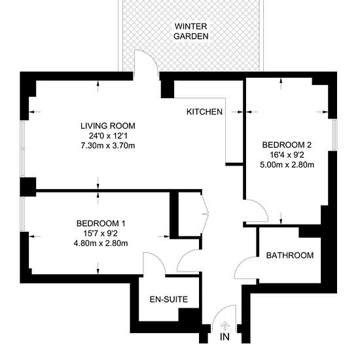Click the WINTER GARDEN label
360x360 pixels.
tap(191, 31)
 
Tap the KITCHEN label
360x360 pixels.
tap(204, 112)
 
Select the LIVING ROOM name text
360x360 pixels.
tap(108, 126)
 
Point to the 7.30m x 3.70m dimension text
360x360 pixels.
tap(108, 145)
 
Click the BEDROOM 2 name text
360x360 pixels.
tap(287, 145)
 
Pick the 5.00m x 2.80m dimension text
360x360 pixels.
tap(287, 164)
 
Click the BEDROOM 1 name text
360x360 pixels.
tap(101, 223)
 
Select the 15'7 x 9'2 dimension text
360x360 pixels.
tap(101, 233)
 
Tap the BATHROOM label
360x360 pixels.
tap(290, 255)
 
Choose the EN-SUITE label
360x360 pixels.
tap(169, 299)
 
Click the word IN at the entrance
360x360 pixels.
tap(225, 337)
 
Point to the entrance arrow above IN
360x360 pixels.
tap(225, 326)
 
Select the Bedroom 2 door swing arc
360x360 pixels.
tap(263, 207)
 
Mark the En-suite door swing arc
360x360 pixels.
tap(158, 257)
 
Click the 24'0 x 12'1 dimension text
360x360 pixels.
tap(108, 136)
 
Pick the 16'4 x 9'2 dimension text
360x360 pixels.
tap(287, 154)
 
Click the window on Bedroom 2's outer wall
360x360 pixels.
tap(334, 135)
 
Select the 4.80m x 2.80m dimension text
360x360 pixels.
tap(101, 243)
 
